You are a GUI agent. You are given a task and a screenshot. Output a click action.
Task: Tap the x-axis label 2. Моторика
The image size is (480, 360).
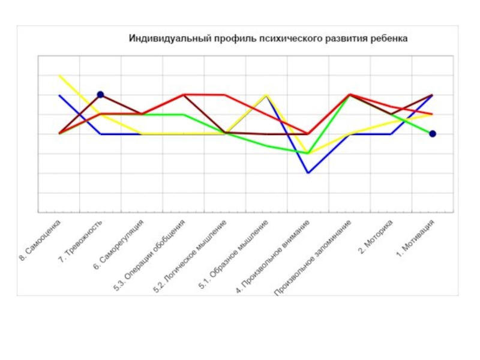click(x=376, y=238)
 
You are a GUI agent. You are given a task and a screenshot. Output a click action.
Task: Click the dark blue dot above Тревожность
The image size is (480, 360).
click(x=101, y=95)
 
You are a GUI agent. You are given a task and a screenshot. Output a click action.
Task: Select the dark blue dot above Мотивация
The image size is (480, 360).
click(x=433, y=134)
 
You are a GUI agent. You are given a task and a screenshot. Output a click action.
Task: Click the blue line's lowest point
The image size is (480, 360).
click(x=308, y=173)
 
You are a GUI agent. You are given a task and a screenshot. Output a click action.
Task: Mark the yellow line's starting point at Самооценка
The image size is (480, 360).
click(x=59, y=76)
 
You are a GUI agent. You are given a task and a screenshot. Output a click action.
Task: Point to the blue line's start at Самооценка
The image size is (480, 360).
click(x=59, y=95)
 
